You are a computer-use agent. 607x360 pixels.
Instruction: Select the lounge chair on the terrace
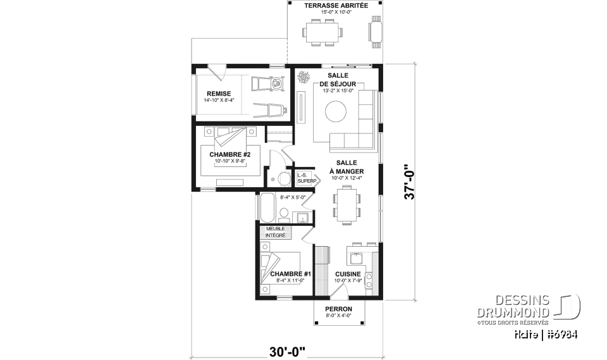tap(376, 32)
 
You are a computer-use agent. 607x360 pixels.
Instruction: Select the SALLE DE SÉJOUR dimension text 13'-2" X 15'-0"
tap(338, 91)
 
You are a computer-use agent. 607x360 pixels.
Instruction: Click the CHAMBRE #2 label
tap(226, 155)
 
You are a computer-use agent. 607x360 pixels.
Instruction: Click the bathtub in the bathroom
tap(267, 208)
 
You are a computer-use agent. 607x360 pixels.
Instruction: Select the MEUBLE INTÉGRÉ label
tap(275, 232)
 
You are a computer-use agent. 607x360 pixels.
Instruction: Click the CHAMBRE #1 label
tap(286, 274)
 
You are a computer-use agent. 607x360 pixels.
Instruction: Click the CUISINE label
tap(348, 274)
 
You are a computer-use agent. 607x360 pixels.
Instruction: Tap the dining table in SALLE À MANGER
tap(345, 205)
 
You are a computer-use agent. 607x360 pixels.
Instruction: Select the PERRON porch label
tap(339, 309)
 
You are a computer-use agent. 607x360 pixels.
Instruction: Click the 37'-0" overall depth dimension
tap(411, 182)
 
